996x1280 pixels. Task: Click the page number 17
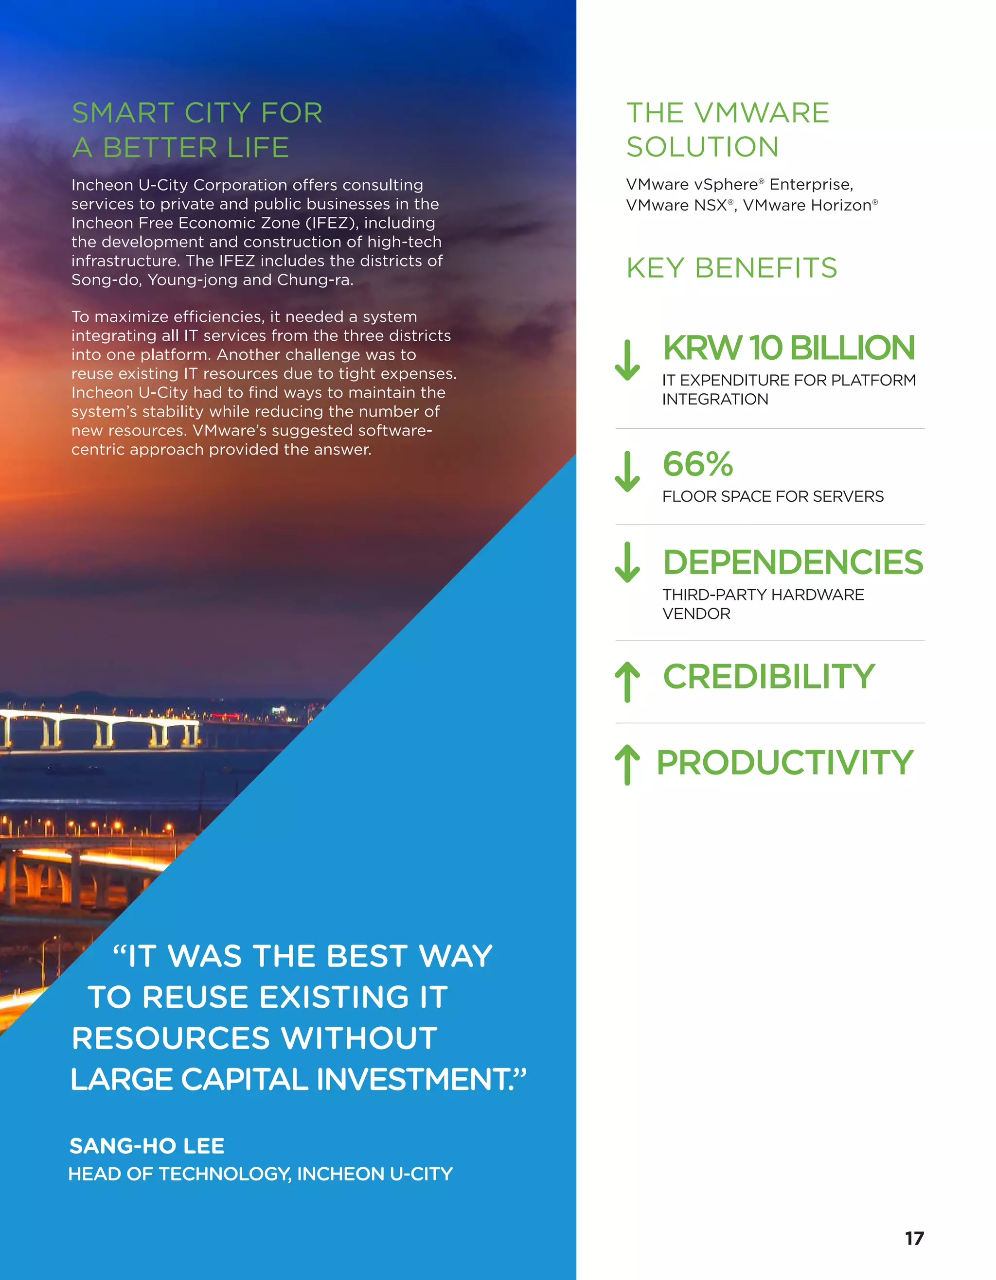click(x=914, y=1238)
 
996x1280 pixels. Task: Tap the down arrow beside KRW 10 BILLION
click(x=627, y=360)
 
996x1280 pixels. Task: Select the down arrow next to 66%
click(x=627, y=471)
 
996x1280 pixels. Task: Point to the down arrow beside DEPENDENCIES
click(x=627, y=562)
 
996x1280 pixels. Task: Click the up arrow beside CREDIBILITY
click(x=627, y=682)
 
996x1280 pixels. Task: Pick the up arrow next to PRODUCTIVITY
click(x=627, y=764)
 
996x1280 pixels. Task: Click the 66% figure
click(x=697, y=464)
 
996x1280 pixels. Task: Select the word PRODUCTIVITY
click(x=784, y=762)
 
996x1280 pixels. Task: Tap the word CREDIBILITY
click(x=768, y=677)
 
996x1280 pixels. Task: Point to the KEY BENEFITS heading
click(x=731, y=268)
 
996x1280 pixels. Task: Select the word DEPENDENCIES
click(x=793, y=562)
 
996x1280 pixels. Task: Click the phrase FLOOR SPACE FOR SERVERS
click(x=773, y=496)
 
